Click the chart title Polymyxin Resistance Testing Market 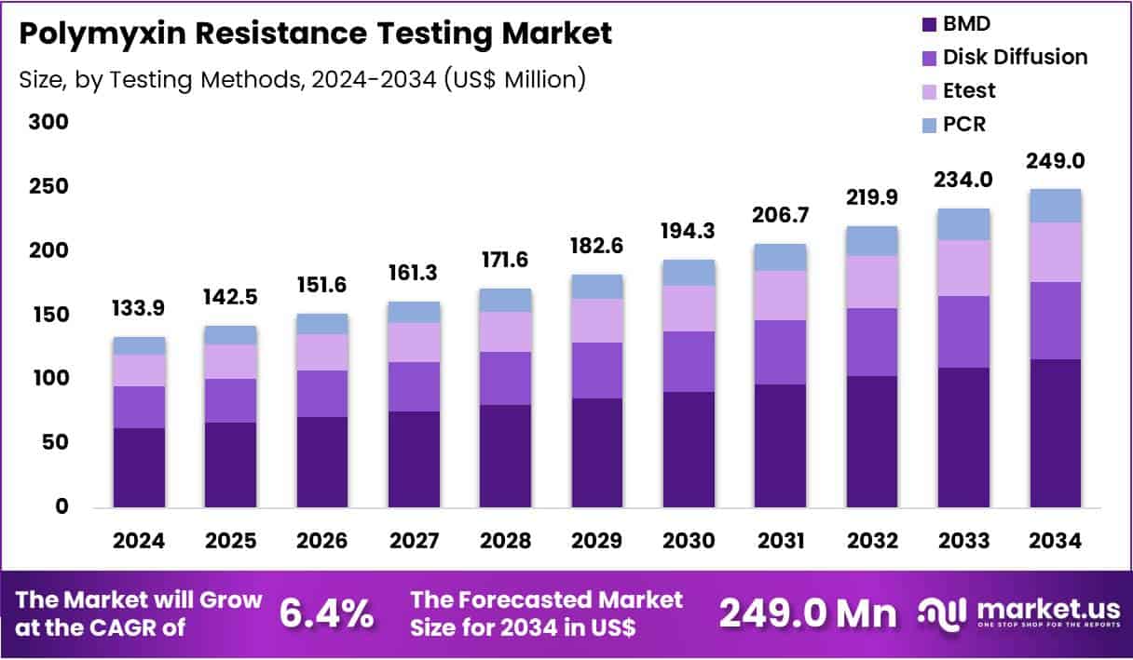[x=315, y=34]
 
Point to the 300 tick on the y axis [x=48, y=122]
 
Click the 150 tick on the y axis [x=48, y=315]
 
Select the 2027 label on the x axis [x=414, y=541]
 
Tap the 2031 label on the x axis [x=781, y=541]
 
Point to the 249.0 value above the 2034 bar [x=1056, y=162]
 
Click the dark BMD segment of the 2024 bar [x=139, y=467]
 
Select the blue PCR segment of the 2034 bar [x=1056, y=206]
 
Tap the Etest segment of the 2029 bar [x=597, y=320]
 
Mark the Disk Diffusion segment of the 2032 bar [x=872, y=342]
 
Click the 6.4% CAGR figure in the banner [x=327, y=613]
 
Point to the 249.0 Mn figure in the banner [x=808, y=613]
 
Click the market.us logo [x=1019, y=613]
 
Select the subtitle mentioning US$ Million [x=302, y=79]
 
